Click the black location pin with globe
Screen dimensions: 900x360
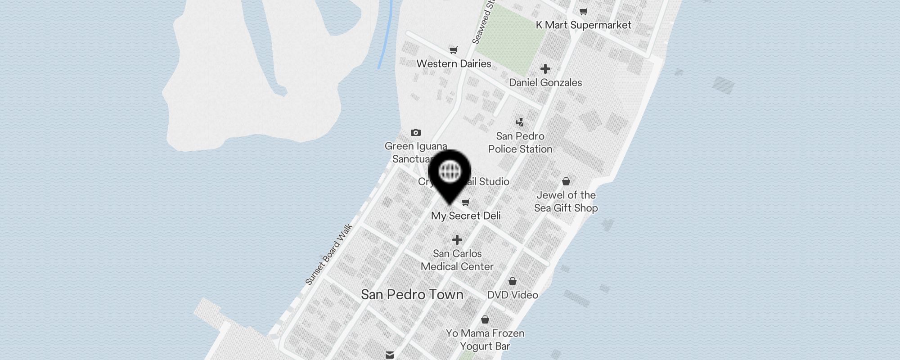coord(450,173)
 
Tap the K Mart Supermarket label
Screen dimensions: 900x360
coord(583,25)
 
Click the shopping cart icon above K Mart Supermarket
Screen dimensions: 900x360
coord(584,11)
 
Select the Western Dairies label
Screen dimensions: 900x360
coord(454,64)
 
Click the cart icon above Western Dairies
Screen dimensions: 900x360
coord(453,50)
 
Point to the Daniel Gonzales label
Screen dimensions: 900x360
coord(545,83)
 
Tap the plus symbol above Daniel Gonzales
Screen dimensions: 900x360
coord(545,69)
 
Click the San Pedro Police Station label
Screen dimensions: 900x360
coord(520,143)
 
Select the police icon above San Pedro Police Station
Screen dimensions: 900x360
coord(520,122)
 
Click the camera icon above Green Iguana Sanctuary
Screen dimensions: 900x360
coord(416,132)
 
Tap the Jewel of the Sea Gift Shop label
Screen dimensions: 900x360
coord(566,202)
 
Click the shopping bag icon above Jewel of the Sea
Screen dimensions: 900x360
coord(566,181)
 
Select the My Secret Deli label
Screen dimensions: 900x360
coord(466,216)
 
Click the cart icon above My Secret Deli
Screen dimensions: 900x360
coord(466,202)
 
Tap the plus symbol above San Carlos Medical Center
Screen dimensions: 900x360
coord(457,240)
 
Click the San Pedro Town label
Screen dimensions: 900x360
coord(412,295)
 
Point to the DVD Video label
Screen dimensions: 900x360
coord(513,295)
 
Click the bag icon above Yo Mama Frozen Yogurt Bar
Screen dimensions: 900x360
coord(485,319)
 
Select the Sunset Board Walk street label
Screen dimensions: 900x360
coord(328,255)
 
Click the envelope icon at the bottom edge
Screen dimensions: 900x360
coord(390,355)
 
